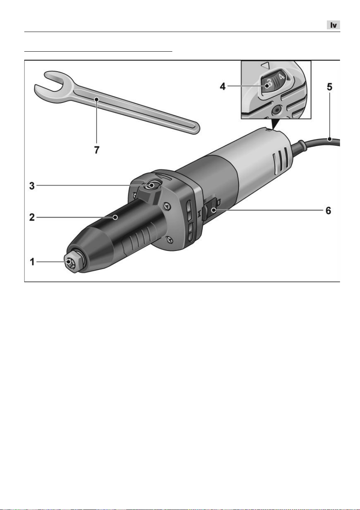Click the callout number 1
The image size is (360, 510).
32,262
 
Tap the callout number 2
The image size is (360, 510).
32,217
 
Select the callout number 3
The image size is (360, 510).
32,186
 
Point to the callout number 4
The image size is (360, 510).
223,86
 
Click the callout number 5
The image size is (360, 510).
330,87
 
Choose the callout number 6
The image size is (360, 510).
328,210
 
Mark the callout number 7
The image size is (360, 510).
97,150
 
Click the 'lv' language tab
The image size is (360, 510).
333,25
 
